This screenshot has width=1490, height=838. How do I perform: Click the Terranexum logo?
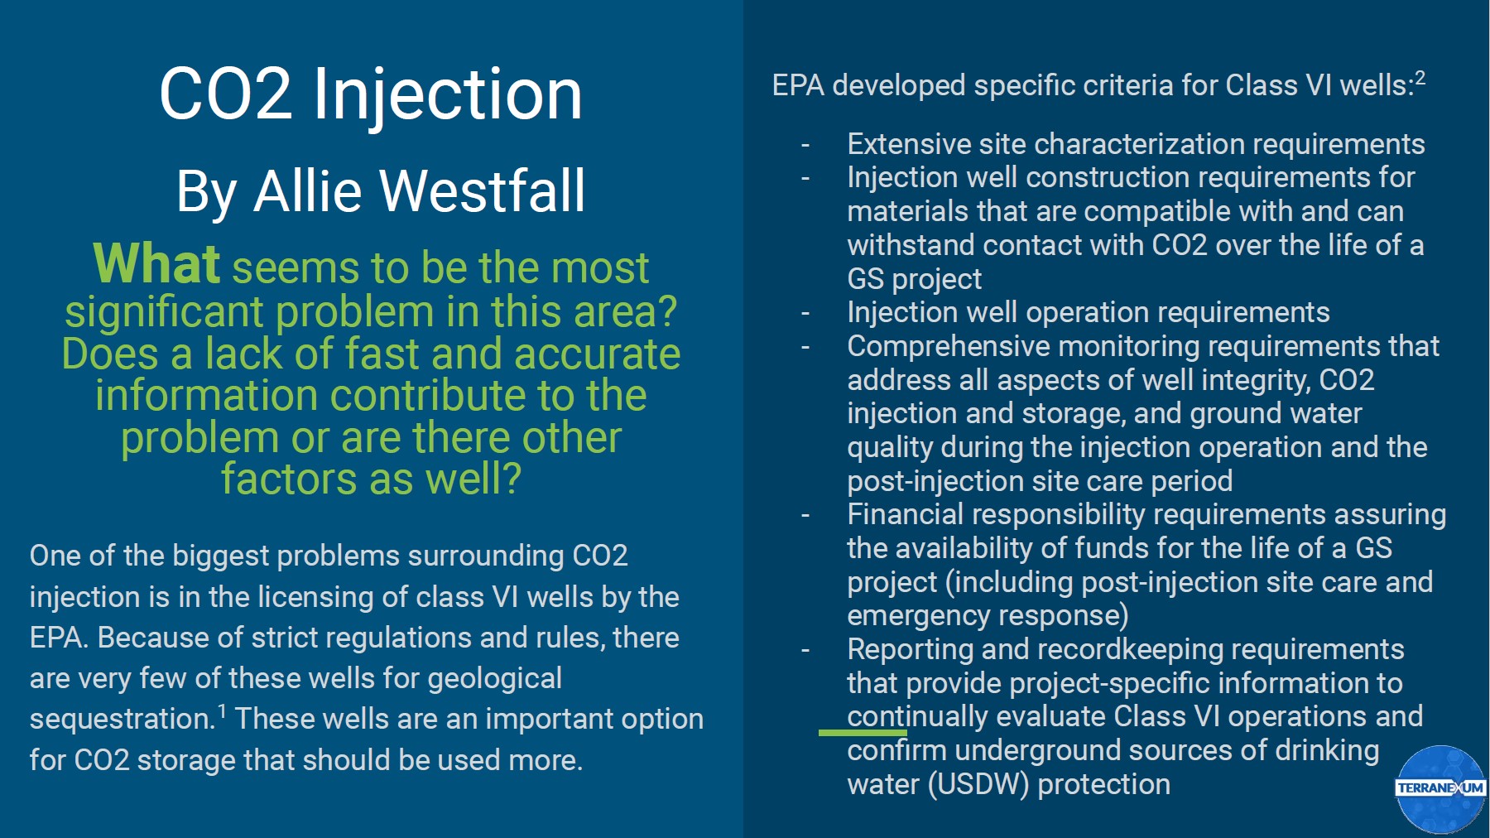(x=1440, y=788)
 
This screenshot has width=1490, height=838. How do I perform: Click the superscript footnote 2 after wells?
(x=1420, y=78)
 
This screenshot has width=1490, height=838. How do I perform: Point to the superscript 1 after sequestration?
(x=222, y=710)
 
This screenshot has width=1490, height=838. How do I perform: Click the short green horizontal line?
(x=863, y=732)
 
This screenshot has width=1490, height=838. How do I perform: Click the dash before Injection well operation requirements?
(x=805, y=313)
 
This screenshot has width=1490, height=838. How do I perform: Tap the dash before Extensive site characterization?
(x=805, y=145)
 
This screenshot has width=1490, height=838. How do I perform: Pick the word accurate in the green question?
(x=597, y=354)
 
